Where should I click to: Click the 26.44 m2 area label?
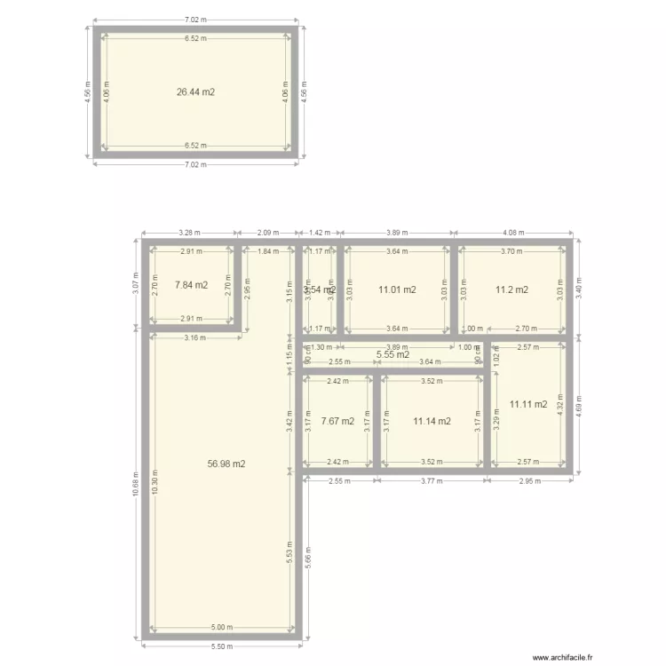196,91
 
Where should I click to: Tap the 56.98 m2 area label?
226,464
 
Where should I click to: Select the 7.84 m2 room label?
191,285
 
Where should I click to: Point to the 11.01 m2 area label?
396,289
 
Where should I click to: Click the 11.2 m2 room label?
511,289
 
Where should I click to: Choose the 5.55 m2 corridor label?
392,355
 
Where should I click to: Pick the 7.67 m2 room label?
337,421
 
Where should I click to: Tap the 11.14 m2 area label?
432,421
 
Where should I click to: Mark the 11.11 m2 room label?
528,404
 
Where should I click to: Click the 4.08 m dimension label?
513,234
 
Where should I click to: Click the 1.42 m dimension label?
320,234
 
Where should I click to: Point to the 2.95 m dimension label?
529,480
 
